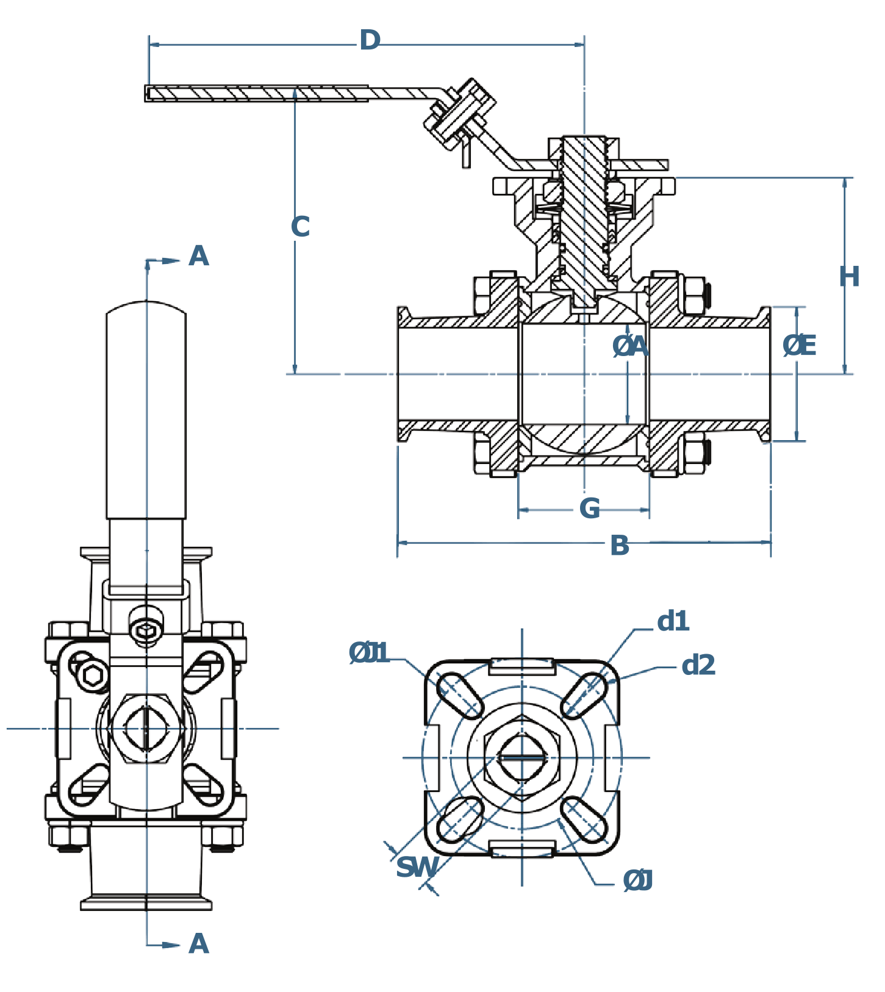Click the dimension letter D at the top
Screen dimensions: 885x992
[370, 41]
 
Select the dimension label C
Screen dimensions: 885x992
[300, 227]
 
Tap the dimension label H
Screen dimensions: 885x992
[849, 277]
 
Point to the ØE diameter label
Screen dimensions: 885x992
[799, 346]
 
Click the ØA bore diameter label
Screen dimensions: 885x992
[630, 346]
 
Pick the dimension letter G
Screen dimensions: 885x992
[590, 508]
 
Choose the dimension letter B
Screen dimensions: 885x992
[620, 546]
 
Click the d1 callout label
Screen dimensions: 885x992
[673, 621]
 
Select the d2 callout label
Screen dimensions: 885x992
[698, 665]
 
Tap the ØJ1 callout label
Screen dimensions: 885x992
[369, 653]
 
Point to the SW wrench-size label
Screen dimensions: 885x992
[418, 867]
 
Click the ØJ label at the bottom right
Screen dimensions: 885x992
[638, 881]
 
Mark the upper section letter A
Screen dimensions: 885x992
[199, 256]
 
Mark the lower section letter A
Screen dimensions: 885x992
[199, 944]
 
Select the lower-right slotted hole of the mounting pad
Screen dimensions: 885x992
[584, 820]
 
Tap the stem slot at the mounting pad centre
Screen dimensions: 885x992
[522, 758]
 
